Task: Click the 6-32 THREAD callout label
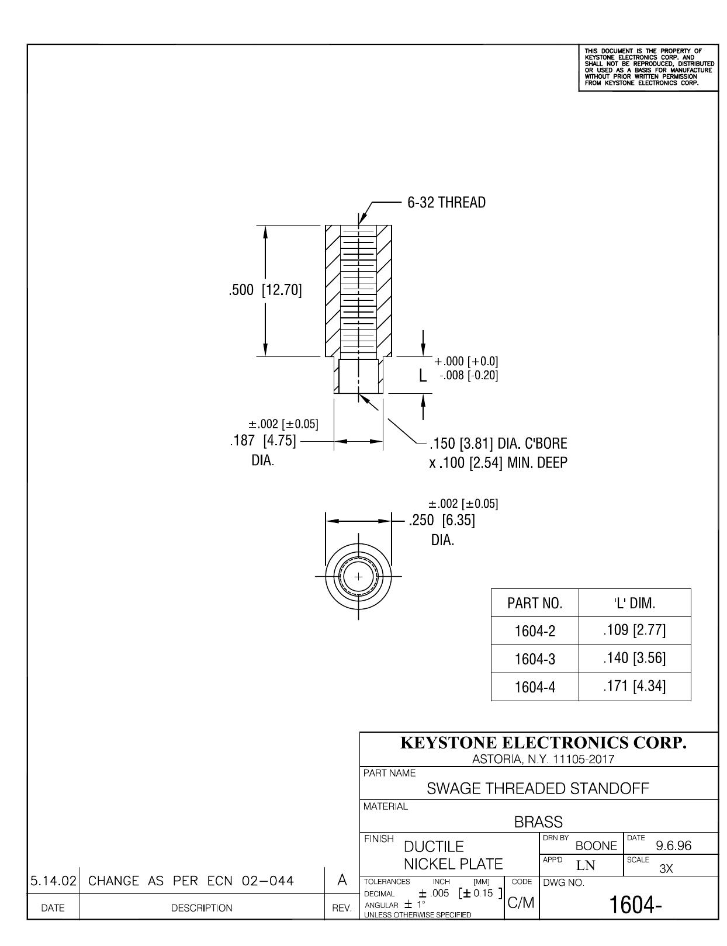pos(446,202)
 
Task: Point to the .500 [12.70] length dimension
pos(265,290)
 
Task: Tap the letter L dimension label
pos(423,375)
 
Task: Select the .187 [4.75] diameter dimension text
pos(262,440)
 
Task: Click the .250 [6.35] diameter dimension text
pos(442,520)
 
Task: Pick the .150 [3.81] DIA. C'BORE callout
pos(498,443)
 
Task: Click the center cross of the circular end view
pos(358,577)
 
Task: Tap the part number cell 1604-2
pos(535,631)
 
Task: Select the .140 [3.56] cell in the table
pos(635,659)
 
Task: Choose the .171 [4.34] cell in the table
pos(635,686)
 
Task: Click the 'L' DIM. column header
pos(635,603)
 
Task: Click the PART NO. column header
pos(535,603)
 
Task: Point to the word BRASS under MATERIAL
pos(538,822)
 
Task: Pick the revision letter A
pos(342,880)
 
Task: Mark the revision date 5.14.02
pos(53,881)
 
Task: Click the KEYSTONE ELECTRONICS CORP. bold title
pos(543,743)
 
